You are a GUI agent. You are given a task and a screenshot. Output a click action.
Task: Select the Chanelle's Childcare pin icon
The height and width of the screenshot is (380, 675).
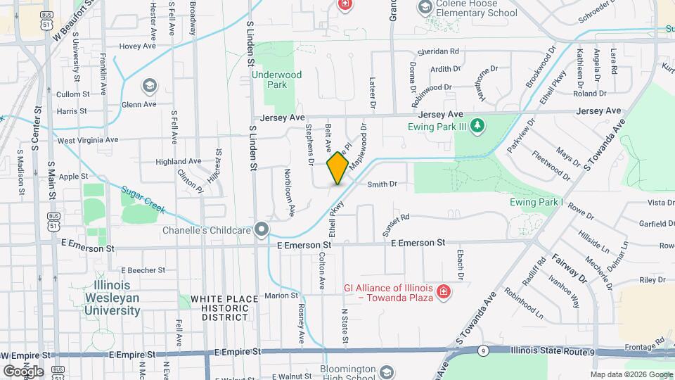coord(262,229)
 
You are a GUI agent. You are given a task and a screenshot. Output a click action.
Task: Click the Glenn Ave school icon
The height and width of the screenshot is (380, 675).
coord(149,87)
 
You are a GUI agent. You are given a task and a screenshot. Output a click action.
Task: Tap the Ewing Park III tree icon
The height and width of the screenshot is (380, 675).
coord(477,127)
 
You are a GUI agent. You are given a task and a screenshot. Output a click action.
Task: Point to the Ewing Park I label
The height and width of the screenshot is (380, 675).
coord(537,203)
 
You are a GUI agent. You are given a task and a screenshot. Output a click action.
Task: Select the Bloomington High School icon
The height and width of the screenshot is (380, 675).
coord(386,371)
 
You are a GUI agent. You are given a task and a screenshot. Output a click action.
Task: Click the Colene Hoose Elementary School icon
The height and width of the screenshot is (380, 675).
coord(425,8)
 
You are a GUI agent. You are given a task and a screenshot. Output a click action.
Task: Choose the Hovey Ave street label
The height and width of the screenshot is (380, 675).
coord(137,46)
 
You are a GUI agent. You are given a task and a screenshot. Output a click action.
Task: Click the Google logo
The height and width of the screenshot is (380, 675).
coord(22,371)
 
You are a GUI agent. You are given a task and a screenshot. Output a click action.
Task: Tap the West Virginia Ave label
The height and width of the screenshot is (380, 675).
coord(87,140)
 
